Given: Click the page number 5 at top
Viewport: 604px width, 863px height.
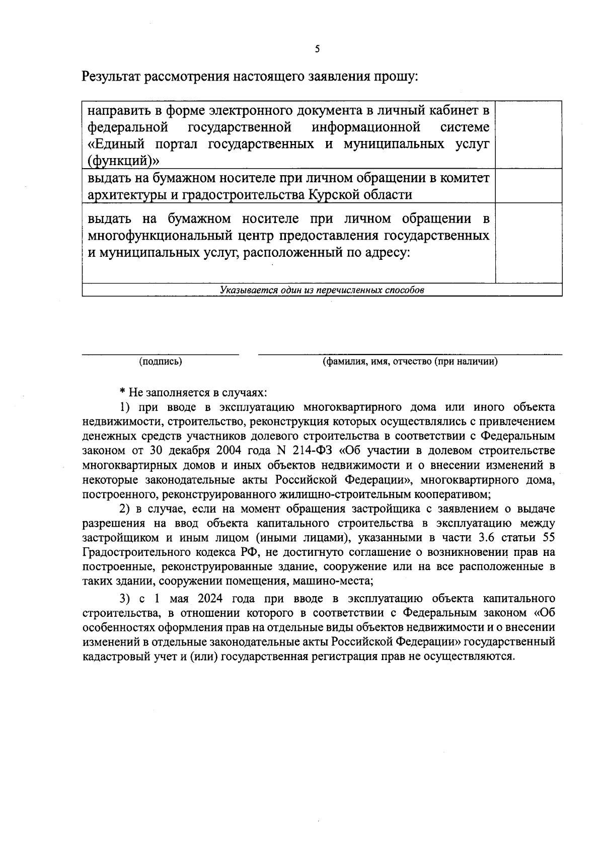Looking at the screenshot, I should coord(317,49).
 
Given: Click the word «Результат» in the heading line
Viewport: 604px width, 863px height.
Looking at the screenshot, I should coord(111,77).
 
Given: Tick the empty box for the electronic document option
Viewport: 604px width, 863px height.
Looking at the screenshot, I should coord(528,134).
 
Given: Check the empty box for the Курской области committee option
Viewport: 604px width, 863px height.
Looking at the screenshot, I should coord(528,186).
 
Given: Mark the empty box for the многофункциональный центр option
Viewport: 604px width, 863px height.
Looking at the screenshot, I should coord(528,243).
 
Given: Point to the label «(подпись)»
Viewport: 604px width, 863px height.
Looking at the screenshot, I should coord(161,362).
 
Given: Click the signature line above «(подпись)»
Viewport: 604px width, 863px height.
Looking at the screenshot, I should coord(161,354).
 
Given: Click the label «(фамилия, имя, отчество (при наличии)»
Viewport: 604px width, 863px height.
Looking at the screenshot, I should coord(410,362).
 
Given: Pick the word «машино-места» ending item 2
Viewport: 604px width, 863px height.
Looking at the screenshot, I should coord(340,581).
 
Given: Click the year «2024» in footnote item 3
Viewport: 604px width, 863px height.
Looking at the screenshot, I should coord(213,599).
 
